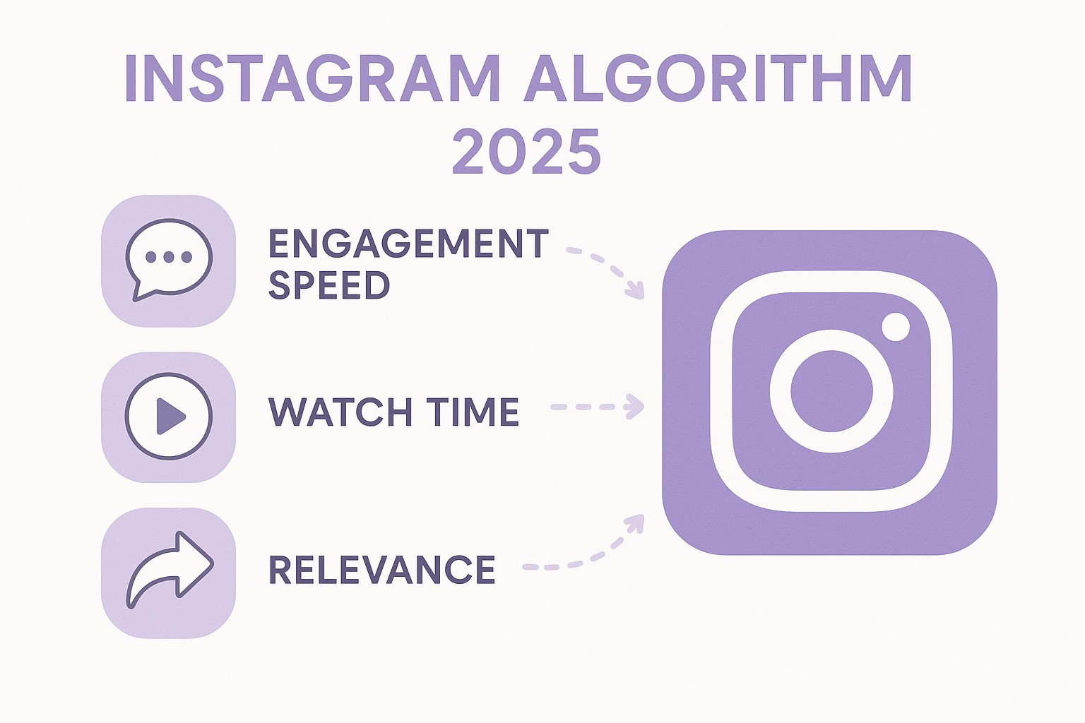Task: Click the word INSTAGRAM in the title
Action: pos(312,78)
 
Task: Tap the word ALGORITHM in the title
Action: pos(717,78)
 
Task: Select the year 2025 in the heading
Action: pos(526,151)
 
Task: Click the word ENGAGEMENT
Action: pos(408,244)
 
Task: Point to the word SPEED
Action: pos(329,285)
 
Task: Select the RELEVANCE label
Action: pos(382,570)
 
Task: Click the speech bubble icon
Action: pos(168,259)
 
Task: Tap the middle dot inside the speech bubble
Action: pos(168,257)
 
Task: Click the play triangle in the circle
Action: pos(170,416)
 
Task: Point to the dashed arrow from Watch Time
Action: pos(598,407)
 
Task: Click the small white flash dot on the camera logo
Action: pos(896,327)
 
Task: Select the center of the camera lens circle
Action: pos(831,391)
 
